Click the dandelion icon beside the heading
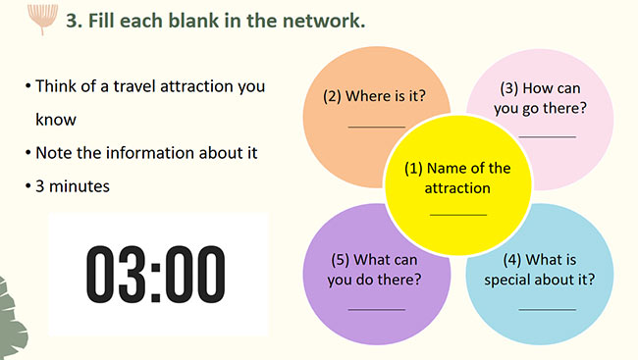(x=42, y=19)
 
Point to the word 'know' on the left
(x=56, y=120)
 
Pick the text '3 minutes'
(x=73, y=186)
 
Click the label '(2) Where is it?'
(x=374, y=96)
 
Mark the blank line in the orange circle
(x=377, y=127)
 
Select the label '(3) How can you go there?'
(x=541, y=98)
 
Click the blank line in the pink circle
(x=548, y=136)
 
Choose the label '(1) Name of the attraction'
(x=457, y=179)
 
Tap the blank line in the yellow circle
(x=458, y=215)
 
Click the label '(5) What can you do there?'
(x=374, y=270)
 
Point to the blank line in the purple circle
(x=377, y=310)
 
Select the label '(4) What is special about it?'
(x=540, y=270)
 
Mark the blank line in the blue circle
(x=548, y=310)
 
